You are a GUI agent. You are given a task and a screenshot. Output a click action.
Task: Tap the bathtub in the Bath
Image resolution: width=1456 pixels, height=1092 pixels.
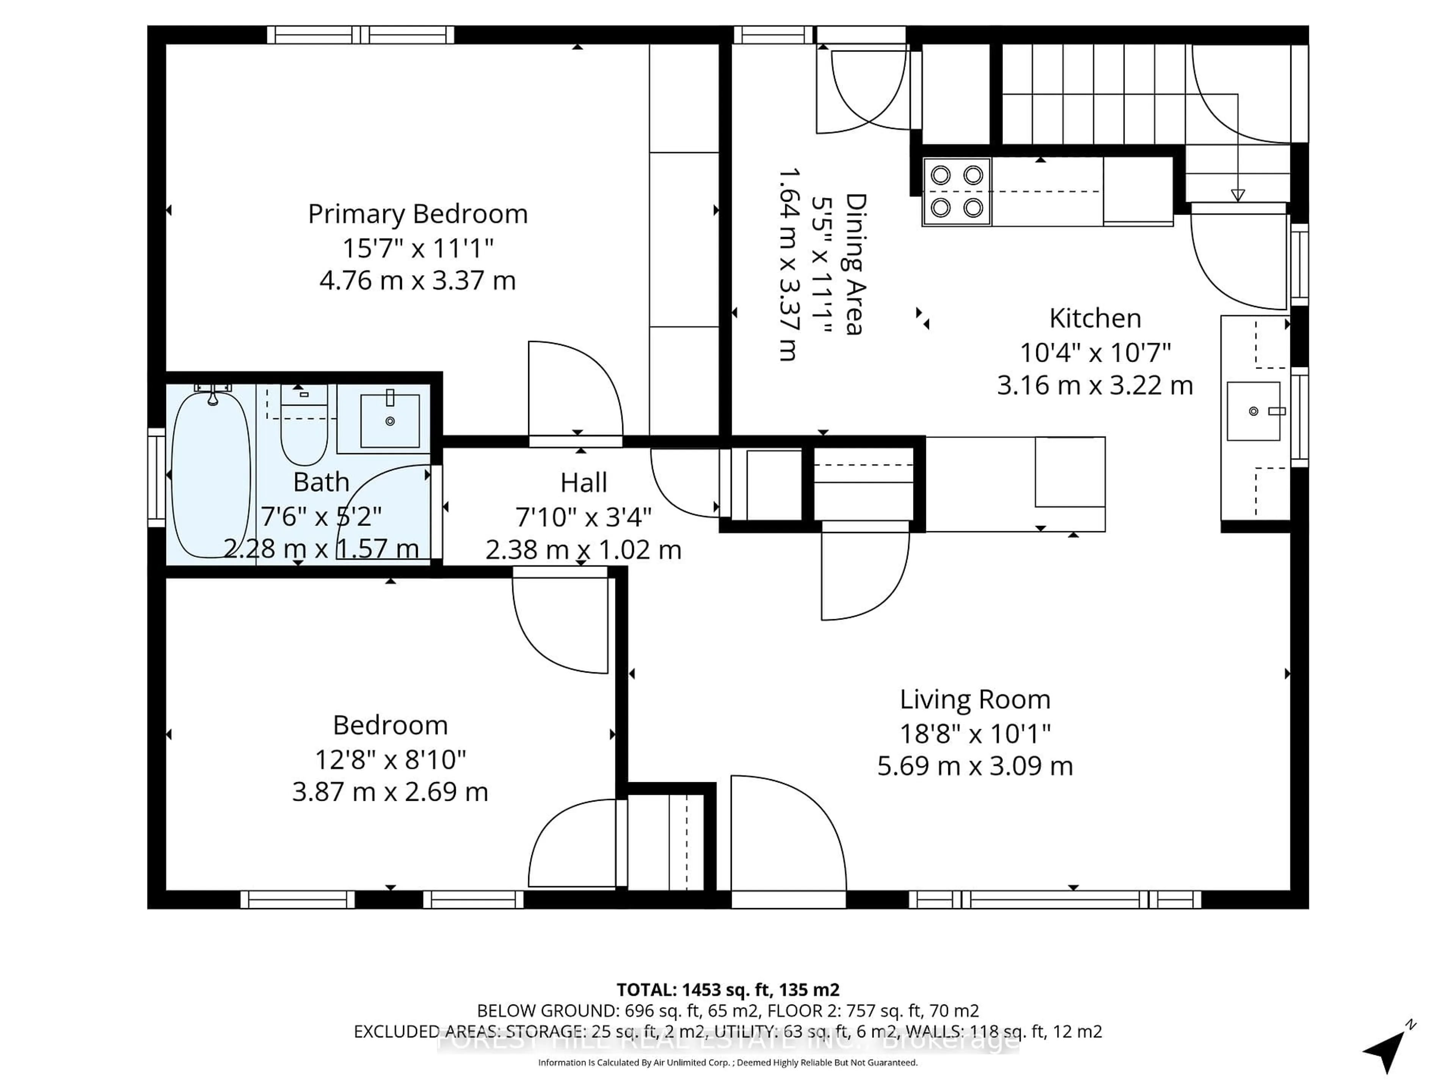[211, 474]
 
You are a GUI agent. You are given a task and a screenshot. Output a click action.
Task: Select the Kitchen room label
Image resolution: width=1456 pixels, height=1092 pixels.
[1095, 318]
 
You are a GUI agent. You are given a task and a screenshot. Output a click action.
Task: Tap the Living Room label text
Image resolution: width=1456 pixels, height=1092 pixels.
[975, 700]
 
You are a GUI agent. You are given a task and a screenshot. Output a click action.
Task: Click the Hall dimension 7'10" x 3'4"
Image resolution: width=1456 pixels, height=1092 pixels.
[583, 517]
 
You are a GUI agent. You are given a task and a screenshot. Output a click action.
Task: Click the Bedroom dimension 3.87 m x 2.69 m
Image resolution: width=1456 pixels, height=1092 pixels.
[390, 791]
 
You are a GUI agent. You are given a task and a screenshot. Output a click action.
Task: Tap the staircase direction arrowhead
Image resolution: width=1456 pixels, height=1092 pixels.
[1238, 195]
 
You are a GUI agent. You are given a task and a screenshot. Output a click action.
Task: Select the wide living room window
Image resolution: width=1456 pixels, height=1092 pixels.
[1055, 899]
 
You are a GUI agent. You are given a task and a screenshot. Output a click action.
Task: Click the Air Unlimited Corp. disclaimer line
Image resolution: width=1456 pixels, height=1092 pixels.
[727, 1062]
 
